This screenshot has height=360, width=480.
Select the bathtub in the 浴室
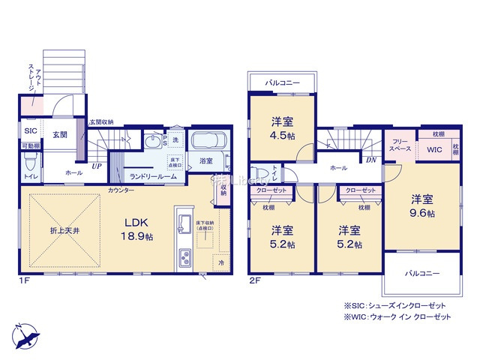(x=208, y=142)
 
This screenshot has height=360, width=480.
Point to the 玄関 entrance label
(x=60, y=135)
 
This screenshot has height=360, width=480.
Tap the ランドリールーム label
(x=153, y=176)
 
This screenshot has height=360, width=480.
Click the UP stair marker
(x=97, y=166)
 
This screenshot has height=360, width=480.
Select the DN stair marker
(x=370, y=159)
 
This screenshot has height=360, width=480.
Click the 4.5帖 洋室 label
(x=282, y=130)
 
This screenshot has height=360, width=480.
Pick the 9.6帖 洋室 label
(x=421, y=205)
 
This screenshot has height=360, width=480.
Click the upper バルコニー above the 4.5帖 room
(x=281, y=82)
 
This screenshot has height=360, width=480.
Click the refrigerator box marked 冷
(x=221, y=262)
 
